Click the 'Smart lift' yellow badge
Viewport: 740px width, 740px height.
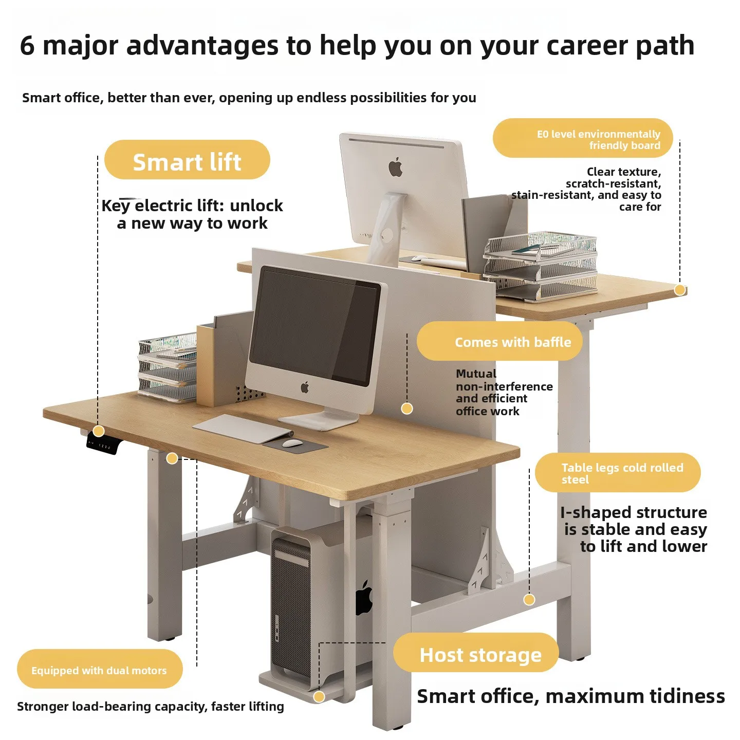pos(187,159)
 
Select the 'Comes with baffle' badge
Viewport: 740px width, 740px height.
pos(499,341)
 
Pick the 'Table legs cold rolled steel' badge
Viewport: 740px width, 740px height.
pos(618,473)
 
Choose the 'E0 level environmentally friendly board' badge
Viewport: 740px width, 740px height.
pos(583,138)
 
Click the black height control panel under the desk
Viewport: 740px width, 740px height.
pos(103,443)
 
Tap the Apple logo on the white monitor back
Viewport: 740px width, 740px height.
pos(396,167)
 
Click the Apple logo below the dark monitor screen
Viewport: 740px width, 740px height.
pos(305,387)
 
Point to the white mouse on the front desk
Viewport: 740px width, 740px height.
pos(292,443)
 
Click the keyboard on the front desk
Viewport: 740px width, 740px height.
pos(243,429)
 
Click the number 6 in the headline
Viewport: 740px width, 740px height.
pos(27,46)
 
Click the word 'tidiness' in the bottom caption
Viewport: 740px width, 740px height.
pos(688,696)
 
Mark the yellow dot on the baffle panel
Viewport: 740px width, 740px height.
pos(406,408)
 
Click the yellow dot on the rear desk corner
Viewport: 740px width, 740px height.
pos(680,290)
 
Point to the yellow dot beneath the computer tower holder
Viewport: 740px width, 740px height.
pos(319,697)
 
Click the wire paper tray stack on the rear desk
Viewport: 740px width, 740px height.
pos(540,265)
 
